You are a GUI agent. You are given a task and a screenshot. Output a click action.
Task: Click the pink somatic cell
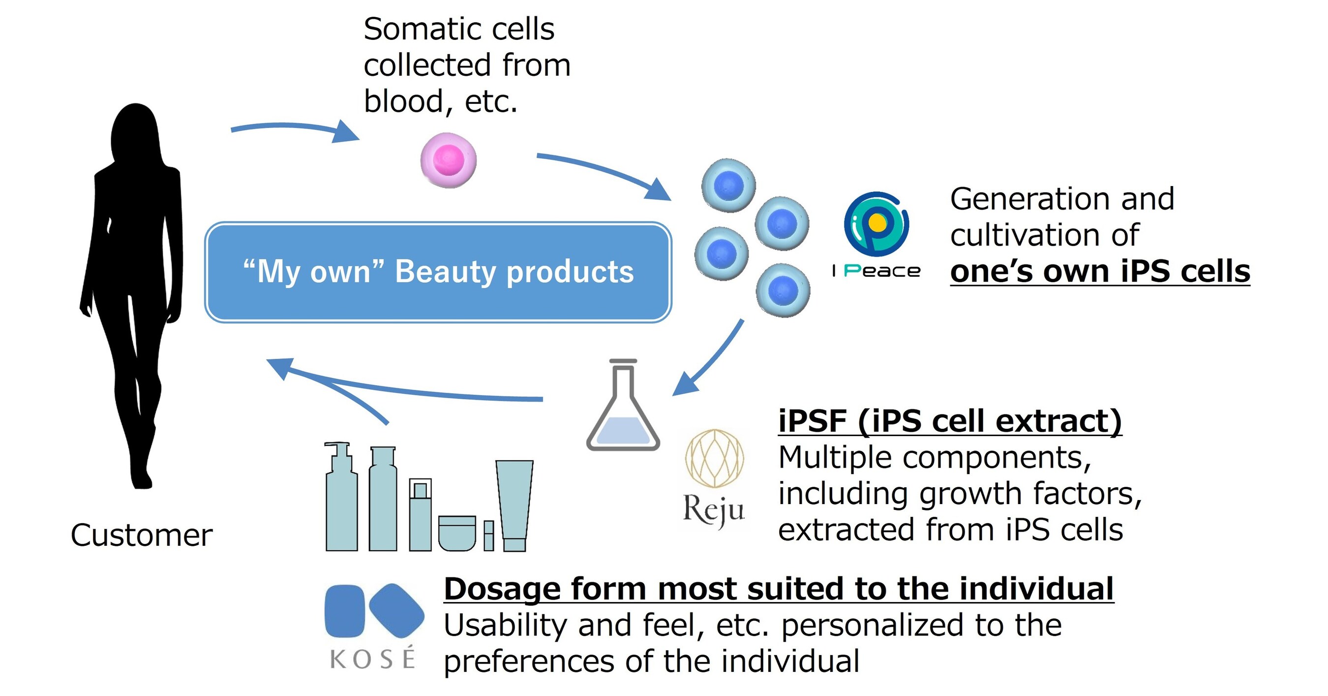point(448,160)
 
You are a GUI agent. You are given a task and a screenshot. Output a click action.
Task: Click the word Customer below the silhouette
point(141,535)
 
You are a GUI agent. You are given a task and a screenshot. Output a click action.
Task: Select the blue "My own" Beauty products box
point(438,272)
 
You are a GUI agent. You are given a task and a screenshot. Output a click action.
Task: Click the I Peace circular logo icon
point(876,224)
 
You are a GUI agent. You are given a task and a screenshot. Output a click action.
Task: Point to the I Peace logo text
point(876,270)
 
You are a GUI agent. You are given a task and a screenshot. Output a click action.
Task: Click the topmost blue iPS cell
point(728,185)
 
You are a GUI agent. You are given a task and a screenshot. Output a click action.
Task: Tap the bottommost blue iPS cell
point(783,290)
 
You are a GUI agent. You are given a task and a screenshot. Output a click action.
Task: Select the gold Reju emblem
point(714,459)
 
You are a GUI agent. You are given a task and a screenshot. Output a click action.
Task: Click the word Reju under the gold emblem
point(714,510)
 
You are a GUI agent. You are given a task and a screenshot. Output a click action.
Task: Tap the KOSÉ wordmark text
point(372,659)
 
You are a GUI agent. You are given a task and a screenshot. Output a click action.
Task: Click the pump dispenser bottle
point(341,498)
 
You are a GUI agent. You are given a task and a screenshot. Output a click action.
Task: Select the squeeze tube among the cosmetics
point(514,506)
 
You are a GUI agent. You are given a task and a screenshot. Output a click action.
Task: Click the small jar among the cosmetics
point(457,533)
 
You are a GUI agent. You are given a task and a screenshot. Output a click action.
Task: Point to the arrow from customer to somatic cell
point(294,129)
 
